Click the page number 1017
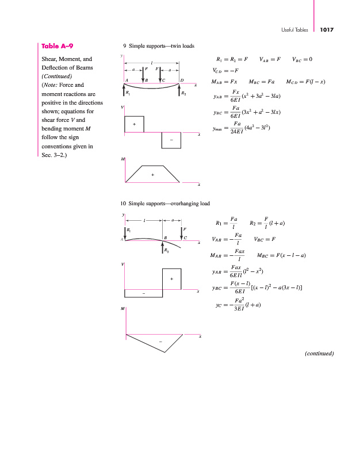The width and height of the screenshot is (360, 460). (327, 29)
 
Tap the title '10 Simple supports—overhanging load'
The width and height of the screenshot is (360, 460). (165, 204)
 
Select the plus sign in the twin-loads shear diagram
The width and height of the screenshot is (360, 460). (134, 124)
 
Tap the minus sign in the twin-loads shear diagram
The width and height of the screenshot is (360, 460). (171, 139)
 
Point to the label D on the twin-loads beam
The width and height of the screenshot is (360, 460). (182, 79)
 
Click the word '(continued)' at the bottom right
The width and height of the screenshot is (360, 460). (319, 353)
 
